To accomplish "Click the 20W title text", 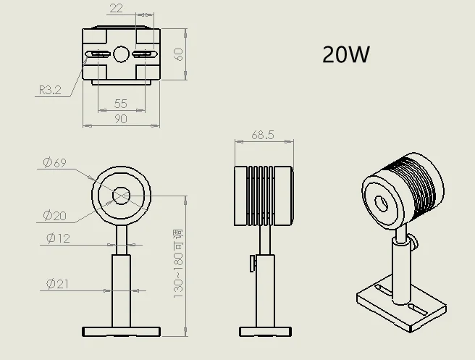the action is point(346,54).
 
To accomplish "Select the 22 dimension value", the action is point(117,8).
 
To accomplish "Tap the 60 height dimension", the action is point(179,54).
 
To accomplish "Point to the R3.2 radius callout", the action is point(50,90).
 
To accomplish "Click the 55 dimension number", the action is point(121,104).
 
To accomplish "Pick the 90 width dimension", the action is point(121,119).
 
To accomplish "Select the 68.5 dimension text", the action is point(263,135).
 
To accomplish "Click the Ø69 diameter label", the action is point(54,163).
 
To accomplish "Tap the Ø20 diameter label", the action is point(54,216).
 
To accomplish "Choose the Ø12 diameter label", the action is point(58,238).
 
